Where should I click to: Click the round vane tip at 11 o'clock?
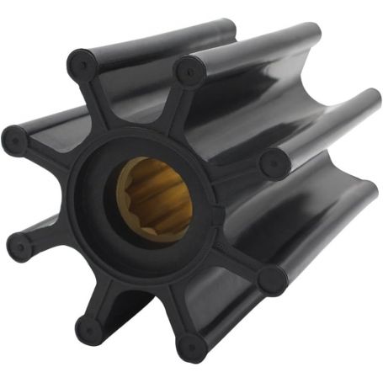[82, 63]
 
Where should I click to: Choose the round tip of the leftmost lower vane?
[20, 246]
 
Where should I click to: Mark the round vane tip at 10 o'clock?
[15, 140]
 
